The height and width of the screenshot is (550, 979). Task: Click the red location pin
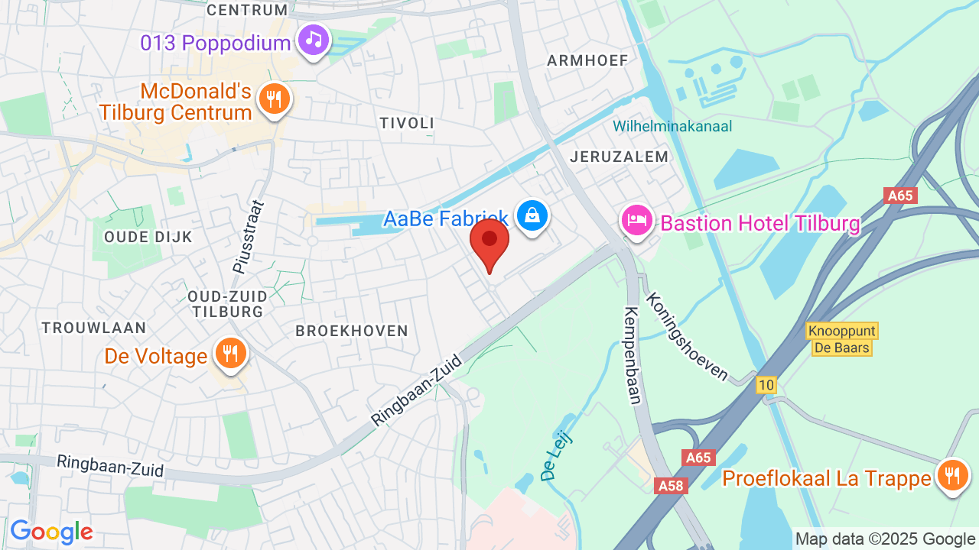pyautogui.click(x=489, y=241)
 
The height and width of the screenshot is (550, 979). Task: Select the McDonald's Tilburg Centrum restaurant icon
pyautogui.click(x=273, y=99)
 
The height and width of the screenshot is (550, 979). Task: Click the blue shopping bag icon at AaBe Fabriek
pyautogui.click(x=532, y=215)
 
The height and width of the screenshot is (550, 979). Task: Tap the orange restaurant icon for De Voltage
pyautogui.click(x=229, y=354)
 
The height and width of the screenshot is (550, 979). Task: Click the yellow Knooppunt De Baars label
pyautogui.click(x=841, y=339)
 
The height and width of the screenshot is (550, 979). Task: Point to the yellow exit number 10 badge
pyautogui.click(x=766, y=385)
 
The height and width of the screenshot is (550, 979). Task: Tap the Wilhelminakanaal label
pyautogui.click(x=672, y=126)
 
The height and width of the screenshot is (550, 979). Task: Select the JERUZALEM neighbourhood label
pyautogui.click(x=620, y=157)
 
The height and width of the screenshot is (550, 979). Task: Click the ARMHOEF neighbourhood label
pyautogui.click(x=587, y=60)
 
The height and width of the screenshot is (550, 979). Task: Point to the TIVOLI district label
pyautogui.click(x=407, y=123)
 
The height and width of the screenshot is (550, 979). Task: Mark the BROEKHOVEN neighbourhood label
pyautogui.click(x=352, y=331)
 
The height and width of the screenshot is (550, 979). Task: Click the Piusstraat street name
pyautogui.click(x=247, y=237)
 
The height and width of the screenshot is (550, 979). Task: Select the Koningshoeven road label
pyautogui.click(x=688, y=336)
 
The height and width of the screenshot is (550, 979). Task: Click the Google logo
pyautogui.click(x=51, y=532)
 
